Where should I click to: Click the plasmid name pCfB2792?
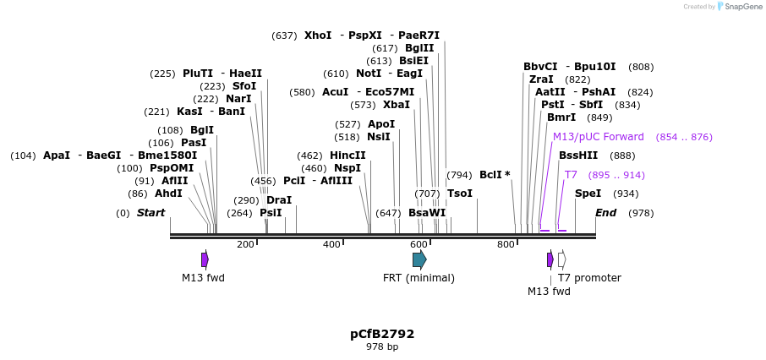pyautogui.click(x=382, y=334)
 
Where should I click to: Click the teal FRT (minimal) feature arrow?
pyautogui.click(x=419, y=259)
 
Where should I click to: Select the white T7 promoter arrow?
pyautogui.click(x=562, y=259)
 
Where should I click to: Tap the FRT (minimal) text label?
pyautogui.click(x=419, y=278)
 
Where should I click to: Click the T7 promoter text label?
pyautogui.click(x=589, y=278)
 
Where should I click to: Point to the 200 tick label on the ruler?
pyautogui.click(x=245, y=245)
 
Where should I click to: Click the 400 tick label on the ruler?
pyautogui.click(x=332, y=245)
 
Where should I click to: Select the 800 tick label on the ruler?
pyautogui.click(x=506, y=245)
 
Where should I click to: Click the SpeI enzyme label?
pyautogui.click(x=588, y=194)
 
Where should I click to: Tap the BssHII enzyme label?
pyautogui.click(x=578, y=155)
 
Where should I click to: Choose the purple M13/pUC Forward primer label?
pyautogui.click(x=598, y=137)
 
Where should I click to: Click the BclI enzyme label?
pyautogui.click(x=490, y=175)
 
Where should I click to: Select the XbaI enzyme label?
pyautogui.click(x=396, y=105)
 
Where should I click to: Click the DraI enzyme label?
pyautogui.click(x=279, y=200)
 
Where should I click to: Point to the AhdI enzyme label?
pyautogui.click(x=168, y=194)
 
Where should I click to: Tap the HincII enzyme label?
pyautogui.click(x=347, y=155)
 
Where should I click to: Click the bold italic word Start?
pyautogui.click(x=150, y=213)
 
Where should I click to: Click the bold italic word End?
pyautogui.click(x=606, y=213)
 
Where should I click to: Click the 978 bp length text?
pyautogui.click(x=382, y=347)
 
